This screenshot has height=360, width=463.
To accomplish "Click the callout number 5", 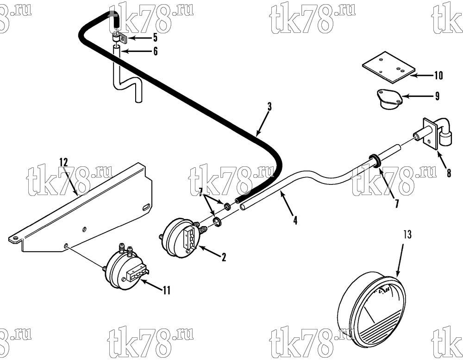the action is (155, 38).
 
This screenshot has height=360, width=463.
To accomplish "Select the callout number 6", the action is (155, 51).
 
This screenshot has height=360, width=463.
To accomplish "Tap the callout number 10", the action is (438, 75).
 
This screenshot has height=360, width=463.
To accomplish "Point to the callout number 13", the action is (407, 234).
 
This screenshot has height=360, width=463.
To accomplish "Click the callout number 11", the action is (167, 290).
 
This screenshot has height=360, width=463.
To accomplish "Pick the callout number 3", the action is (269, 107).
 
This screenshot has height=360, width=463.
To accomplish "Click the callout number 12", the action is (63, 162).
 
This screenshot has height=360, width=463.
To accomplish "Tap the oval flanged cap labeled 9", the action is (388, 99).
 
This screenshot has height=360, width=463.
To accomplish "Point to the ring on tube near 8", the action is (374, 160).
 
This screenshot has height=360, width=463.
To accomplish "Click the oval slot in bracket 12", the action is (146, 207).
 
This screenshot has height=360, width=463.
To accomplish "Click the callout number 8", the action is (449, 173).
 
